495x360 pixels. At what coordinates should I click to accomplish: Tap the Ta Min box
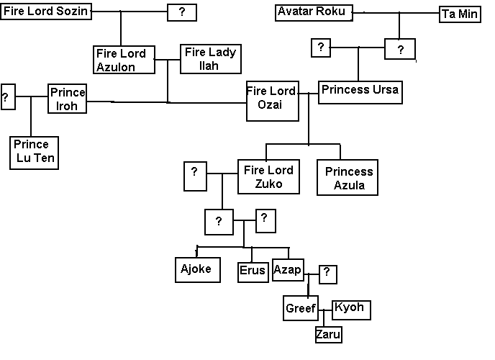pos(459,14)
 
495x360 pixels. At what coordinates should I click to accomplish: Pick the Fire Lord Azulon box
pos(124,60)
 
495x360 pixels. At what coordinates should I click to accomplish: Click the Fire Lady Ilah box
pos(210,58)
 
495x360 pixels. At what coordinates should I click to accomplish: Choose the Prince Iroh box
pos(68,99)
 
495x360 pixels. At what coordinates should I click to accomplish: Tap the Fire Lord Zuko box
pos(269,177)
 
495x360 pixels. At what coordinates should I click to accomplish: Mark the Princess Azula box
pos(348,178)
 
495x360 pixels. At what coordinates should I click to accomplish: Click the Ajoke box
pos(197,269)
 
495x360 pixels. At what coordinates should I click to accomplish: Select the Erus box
pos(253,271)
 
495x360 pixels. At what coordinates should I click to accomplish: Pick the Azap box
pos(289,269)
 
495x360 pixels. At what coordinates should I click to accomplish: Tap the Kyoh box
pos(350,308)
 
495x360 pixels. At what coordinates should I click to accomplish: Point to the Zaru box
pos(327,335)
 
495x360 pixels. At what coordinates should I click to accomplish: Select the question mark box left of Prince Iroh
pos(8,96)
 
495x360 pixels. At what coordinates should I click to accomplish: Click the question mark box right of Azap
pos(327,272)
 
